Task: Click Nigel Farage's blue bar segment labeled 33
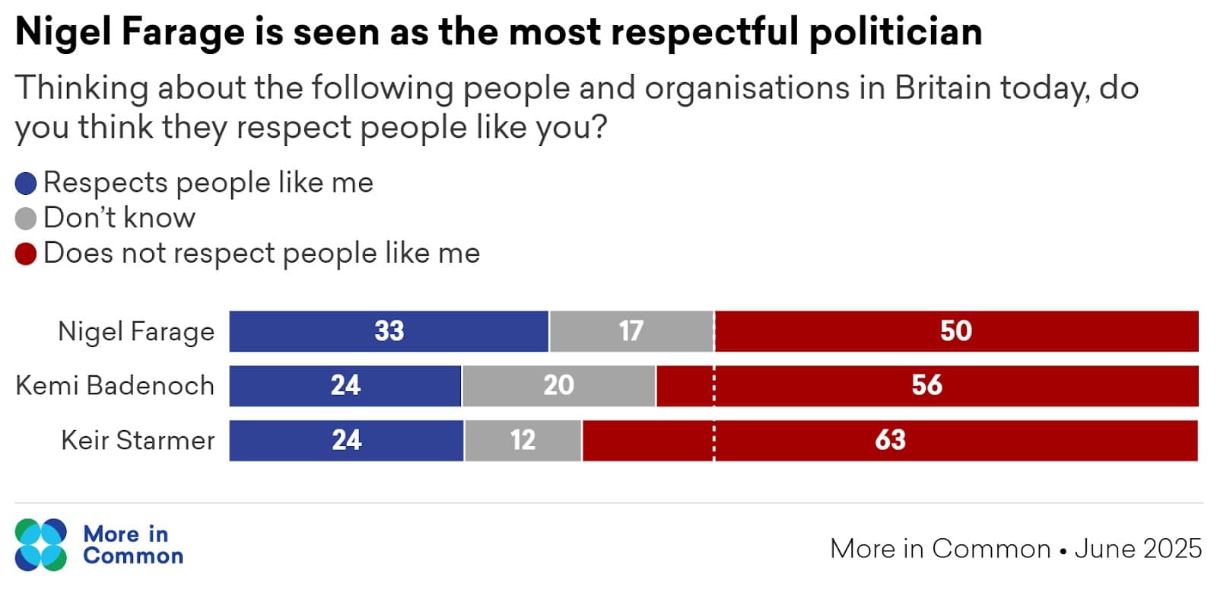[389, 331]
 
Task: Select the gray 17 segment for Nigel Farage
[631, 331]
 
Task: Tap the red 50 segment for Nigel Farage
[956, 331]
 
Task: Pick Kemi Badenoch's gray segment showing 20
[558, 386]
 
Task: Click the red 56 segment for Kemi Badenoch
[926, 386]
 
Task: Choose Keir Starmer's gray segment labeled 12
[523, 441]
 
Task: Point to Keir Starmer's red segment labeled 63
[890, 441]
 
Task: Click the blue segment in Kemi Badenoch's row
[345, 386]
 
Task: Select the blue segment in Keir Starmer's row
[346, 441]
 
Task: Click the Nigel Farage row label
[136, 332]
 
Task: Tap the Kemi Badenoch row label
[115, 386]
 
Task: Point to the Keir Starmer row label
[138, 441]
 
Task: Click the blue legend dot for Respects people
[26, 183]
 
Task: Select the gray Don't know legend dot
[26, 218]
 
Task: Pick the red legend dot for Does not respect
[26, 253]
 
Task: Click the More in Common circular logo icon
[41, 545]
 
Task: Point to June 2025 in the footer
[1138, 549]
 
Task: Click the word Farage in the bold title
[182, 32]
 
